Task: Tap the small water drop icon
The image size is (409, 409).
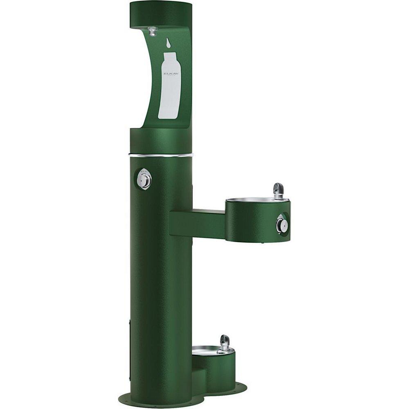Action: pos(168,43)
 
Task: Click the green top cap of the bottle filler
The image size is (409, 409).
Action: pos(161,14)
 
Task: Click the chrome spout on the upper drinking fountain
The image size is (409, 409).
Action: pos(279,190)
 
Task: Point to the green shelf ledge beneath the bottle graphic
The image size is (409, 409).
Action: pos(161,137)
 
